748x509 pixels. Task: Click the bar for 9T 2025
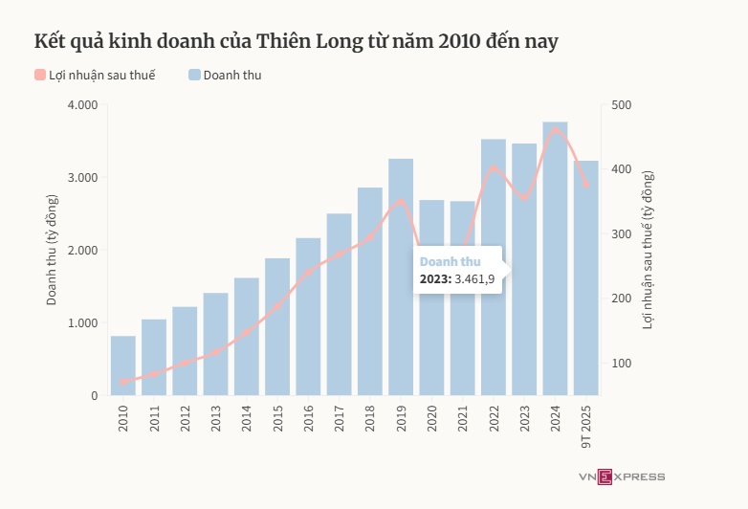[x=585, y=287]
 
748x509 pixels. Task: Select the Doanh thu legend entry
[x=225, y=75]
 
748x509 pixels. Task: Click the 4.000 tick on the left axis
[x=83, y=104]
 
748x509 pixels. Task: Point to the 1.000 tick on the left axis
[x=83, y=322]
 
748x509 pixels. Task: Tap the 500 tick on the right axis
[x=622, y=104]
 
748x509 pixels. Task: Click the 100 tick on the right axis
[x=622, y=363]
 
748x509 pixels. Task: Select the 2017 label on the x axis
[x=340, y=419]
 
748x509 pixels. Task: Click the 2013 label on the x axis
[x=216, y=419]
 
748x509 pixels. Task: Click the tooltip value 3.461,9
[x=473, y=279]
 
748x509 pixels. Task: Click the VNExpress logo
[x=621, y=476]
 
